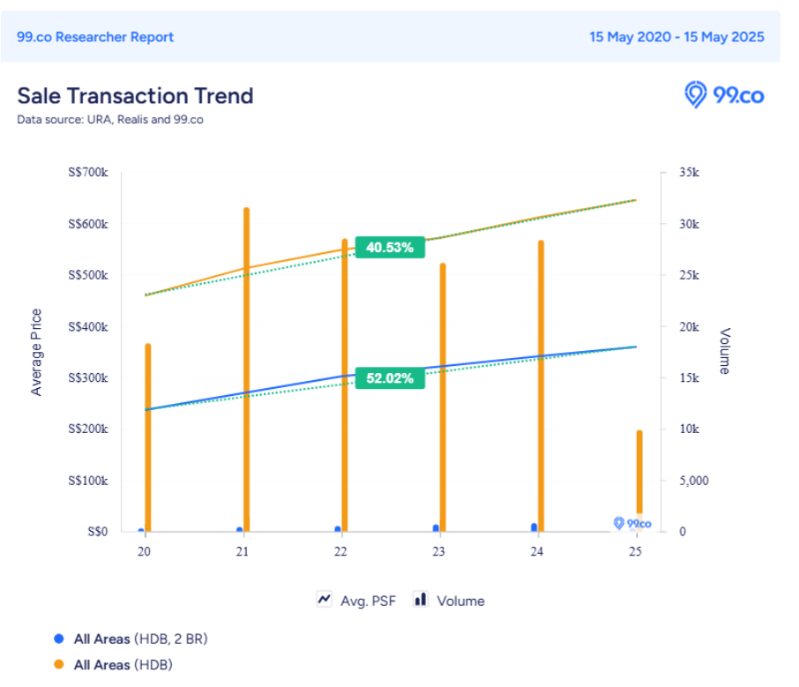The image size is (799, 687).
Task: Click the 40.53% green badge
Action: (390, 248)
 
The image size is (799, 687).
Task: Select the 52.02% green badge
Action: (390, 378)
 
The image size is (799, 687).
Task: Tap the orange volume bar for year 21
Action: (246, 370)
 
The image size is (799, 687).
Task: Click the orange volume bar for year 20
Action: (148, 437)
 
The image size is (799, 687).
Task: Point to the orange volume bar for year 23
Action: (443, 397)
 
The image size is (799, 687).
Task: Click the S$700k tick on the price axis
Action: (87, 173)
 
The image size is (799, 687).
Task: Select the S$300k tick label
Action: (87, 378)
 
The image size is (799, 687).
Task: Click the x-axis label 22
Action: (340, 552)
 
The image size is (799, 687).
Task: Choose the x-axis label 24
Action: (537, 552)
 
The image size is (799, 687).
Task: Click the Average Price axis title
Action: (37, 352)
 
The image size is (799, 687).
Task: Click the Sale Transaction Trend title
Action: (135, 95)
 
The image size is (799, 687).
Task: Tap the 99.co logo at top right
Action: (724, 94)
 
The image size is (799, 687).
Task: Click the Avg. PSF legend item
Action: (356, 601)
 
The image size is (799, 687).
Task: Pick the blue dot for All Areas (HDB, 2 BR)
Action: (59, 638)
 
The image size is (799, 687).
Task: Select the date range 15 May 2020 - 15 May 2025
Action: (676, 37)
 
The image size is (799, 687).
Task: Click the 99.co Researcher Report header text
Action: (95, 37)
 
